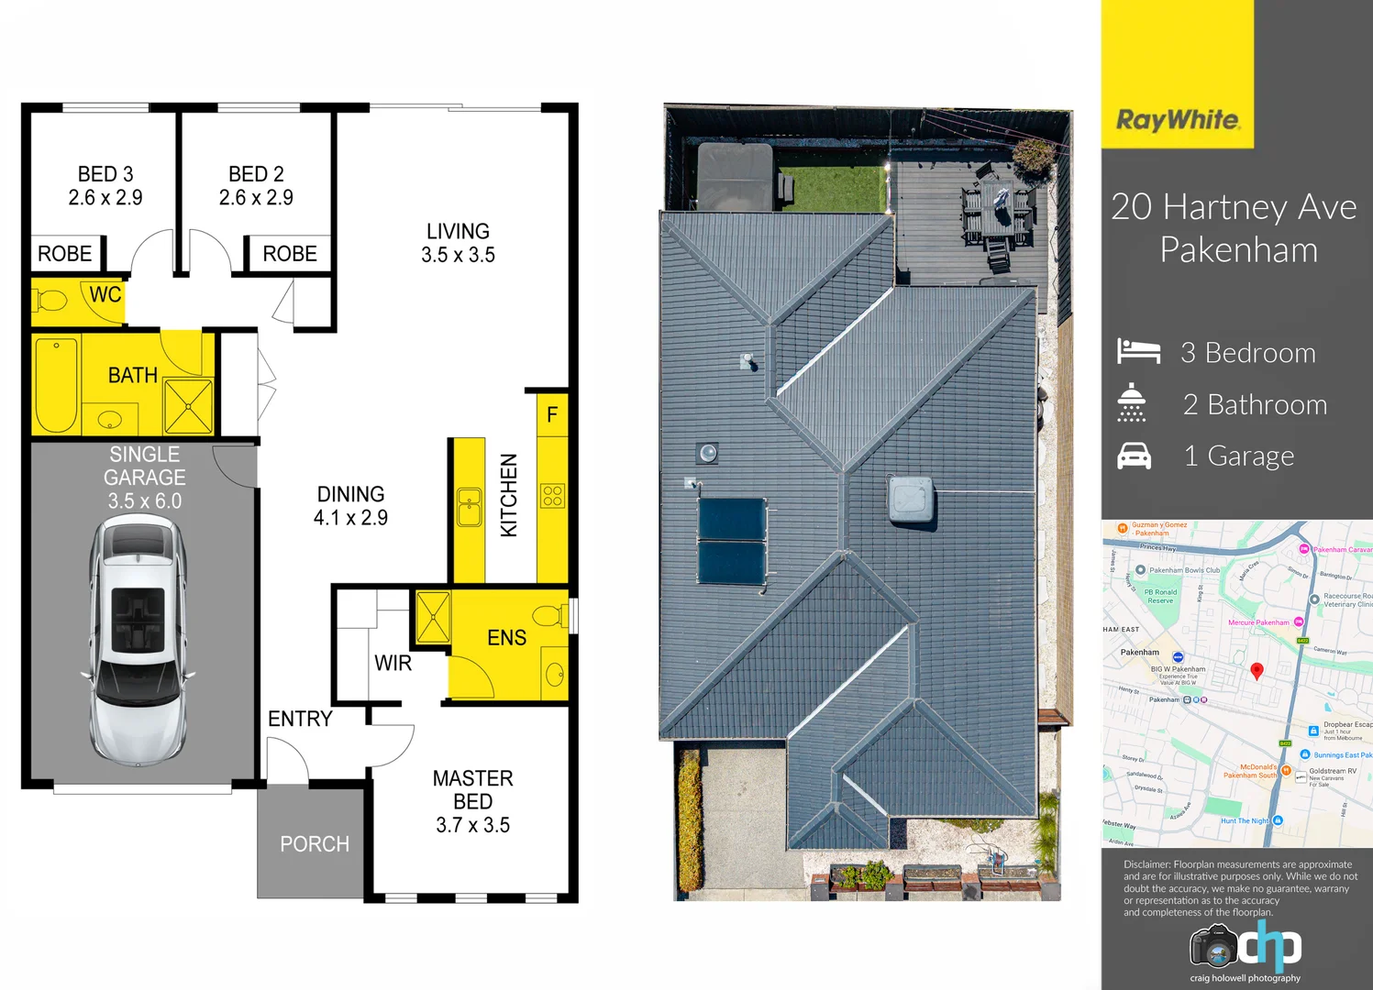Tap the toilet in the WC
pyautogui.click(x=50, y=300)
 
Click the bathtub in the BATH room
pyautogui.click(x=56, y=385)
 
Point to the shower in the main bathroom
pyautogui.click(x=189, y=406)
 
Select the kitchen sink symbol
pyautogui.click(x=470, y=506)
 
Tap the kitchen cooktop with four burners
pyautogui.click(x=552, y=496)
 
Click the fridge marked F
pyautogui.click(x=552, y=414)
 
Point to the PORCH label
pyautogui.click(x=315, y=843)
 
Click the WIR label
pyautogui.click(x=393, y=663)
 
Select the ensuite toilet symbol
pyautogui.click(x=548, y=614)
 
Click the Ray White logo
pyautogui.click(x=1178, y=120)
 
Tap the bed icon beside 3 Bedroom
pyautogui.click(x=1138, y=351)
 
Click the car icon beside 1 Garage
pyautogui.click(x=1134, y=456)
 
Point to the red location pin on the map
pyautogui.click(x=1257, y=670)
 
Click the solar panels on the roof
pyautogui.click(x=732, y=541)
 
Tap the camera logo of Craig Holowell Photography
pyautogui.click(x=1214, y=946)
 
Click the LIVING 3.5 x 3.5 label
pyautogui.click(x=458, y=243)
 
